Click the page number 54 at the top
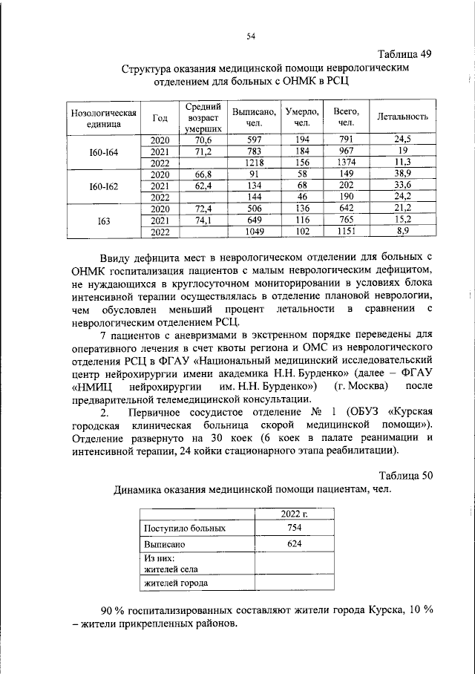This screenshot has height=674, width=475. coord(251,34)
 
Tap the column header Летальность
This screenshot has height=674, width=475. coord(403,117)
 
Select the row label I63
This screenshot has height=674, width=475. coord(104,220)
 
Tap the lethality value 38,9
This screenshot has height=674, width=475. coord(403,174)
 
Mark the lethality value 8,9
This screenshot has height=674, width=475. coord(403,232)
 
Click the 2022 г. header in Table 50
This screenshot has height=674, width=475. coord(294,514)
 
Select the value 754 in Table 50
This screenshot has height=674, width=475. coord(294,528)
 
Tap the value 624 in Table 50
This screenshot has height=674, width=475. coord(294,544)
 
